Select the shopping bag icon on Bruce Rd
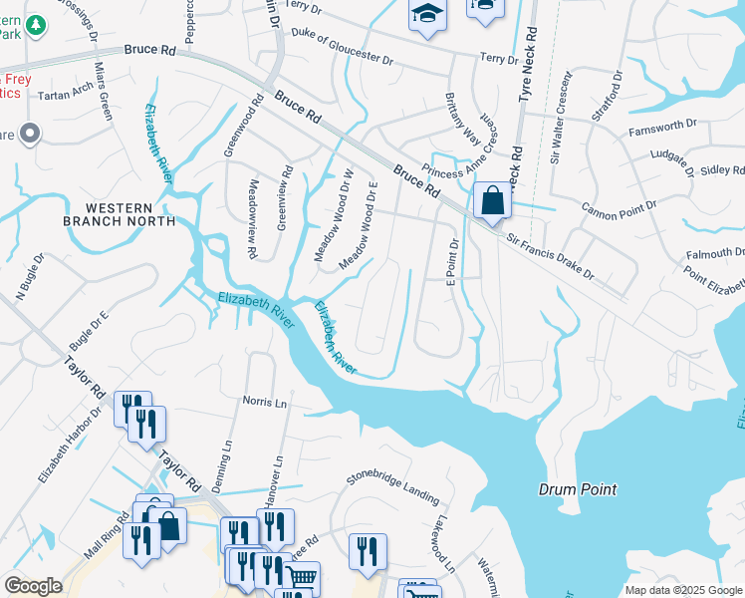click(492, 201)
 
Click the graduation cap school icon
click(427, 15)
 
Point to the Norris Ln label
click(264, 402)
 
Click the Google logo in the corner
click(33, 586)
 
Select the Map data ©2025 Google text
click(682, 590)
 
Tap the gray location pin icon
click(30, 133)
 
